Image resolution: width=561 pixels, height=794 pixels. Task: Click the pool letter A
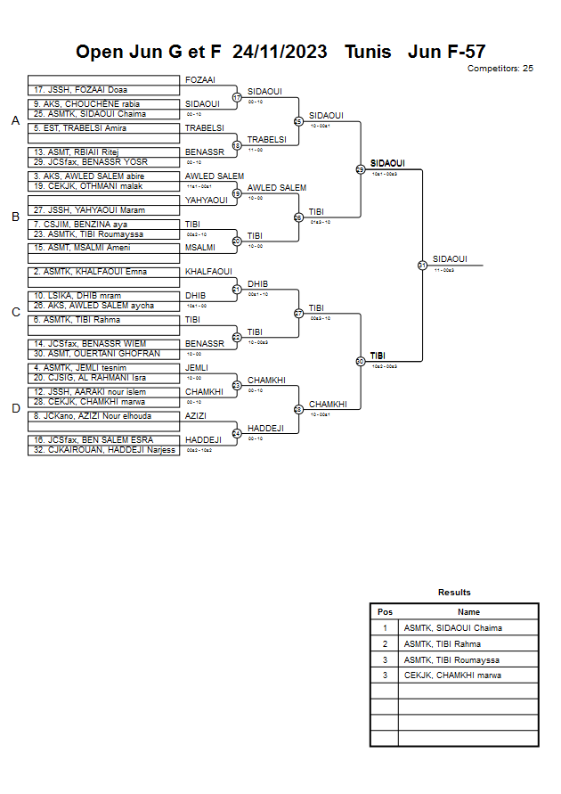(15, 121)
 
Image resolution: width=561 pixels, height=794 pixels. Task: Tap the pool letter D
(15, 409)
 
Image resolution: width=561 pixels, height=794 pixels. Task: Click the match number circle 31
(422, 265)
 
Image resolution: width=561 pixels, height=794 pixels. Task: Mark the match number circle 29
(360, 169)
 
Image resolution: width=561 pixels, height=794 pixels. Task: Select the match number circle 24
(237, 433)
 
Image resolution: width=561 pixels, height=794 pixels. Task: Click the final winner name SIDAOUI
(450, 259)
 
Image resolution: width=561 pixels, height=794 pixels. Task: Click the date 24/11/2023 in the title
(280, 52)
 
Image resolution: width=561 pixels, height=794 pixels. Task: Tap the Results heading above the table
(454, 593)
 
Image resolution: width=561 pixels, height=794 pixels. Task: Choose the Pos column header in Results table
(385, 612)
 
